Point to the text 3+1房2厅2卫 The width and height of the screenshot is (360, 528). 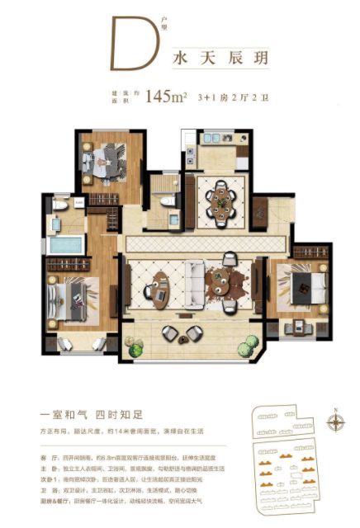227,97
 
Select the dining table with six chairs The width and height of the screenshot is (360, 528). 220,199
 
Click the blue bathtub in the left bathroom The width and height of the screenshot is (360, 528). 64,245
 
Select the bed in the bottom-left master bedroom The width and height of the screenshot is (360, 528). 75,295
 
